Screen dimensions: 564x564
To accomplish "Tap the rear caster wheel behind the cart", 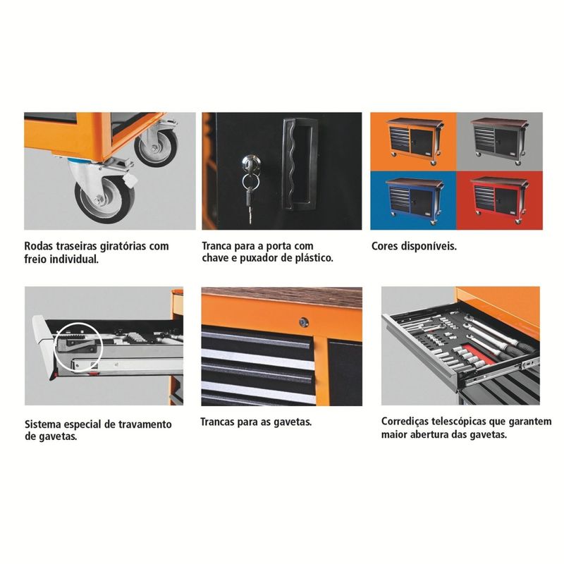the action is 156,147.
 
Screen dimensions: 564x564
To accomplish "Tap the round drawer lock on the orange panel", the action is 304,322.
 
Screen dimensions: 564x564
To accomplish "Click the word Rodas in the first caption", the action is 39,246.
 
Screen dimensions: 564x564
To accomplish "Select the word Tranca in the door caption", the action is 216,246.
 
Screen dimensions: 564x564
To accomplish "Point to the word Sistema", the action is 43,424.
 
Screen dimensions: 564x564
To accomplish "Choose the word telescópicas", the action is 458,422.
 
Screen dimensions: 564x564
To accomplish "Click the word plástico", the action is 314,258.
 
